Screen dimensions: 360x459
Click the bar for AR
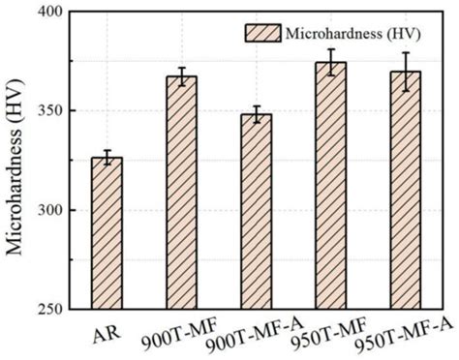coord(106,232)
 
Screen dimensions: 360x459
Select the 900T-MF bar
coord(181,193)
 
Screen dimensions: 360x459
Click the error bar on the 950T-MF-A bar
coord(406,71)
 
